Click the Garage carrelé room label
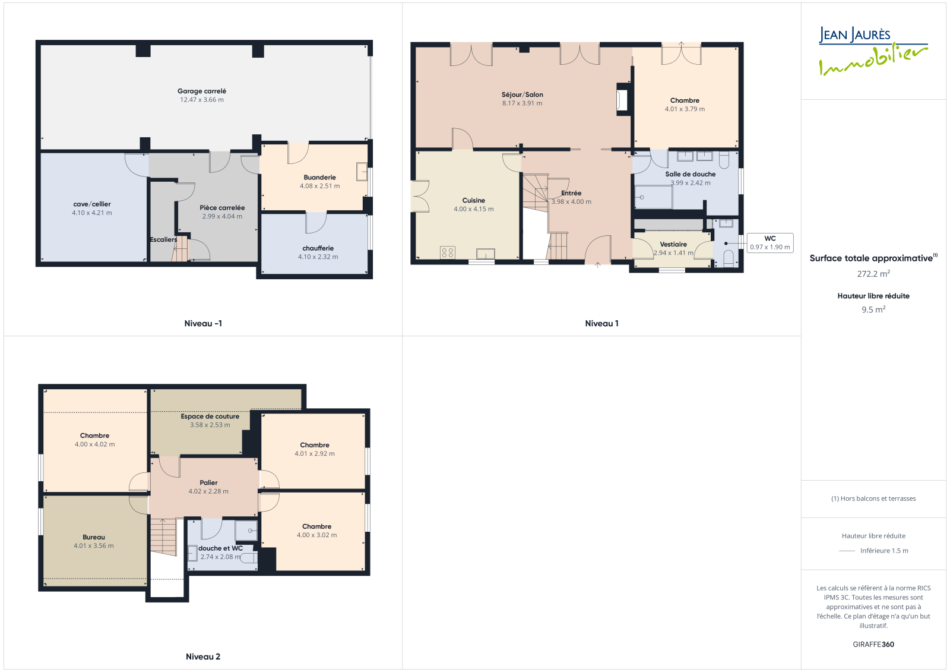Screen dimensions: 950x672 201,91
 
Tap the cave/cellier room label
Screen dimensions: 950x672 92,204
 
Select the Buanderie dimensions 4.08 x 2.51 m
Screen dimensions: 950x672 320,186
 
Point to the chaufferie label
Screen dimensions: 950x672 318,248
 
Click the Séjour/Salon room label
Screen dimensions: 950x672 522,94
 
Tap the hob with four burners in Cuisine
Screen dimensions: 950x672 448,253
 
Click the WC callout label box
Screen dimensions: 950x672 769,243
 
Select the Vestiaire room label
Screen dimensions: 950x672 673,244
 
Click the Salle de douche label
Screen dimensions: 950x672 690,174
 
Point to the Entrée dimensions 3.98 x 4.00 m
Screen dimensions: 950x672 571,201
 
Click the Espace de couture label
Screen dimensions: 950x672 210,417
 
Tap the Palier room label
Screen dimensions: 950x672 208,482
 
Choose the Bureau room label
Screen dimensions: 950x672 94,537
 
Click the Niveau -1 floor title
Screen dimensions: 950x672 203,323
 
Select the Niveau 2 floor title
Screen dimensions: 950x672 203,657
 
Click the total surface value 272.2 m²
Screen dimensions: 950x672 873,274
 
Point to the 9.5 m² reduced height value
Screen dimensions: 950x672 873,310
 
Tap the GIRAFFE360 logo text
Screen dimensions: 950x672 873,645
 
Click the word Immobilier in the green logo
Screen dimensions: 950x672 873,60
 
